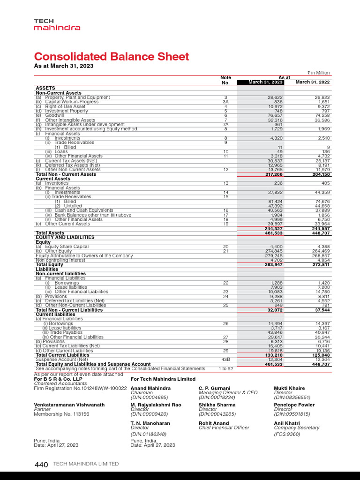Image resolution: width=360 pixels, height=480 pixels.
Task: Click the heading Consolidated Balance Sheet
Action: pos(112,57)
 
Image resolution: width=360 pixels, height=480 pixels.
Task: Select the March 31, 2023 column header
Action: pos(266,82)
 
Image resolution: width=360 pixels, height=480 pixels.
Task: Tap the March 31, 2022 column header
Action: pos(313,82)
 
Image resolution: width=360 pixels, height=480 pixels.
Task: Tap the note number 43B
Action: pos(225,360)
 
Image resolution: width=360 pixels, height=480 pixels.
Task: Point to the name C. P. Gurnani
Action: pos(214,388)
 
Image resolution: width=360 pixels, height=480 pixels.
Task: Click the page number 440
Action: pos(41,465)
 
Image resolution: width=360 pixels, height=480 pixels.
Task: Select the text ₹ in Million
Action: pos(318,73)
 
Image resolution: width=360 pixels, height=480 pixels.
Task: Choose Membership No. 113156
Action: pos(61,414)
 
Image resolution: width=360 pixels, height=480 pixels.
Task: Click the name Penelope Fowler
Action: pos(294,405)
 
